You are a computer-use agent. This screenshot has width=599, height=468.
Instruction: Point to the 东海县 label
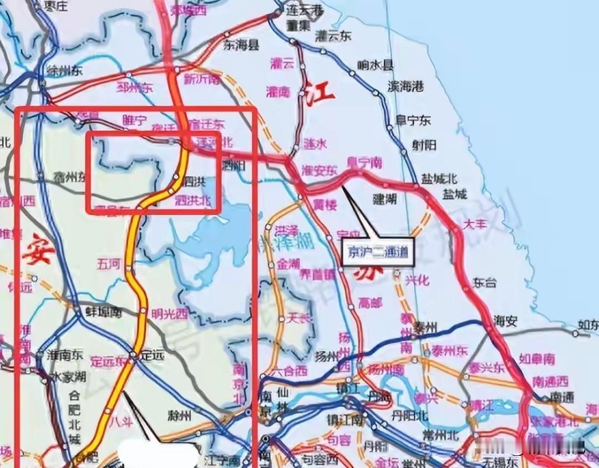[x=241, y=45]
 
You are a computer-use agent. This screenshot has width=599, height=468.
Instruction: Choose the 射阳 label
[x=424, y=145]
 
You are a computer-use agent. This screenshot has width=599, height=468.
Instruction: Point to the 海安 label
[x=506, y=321]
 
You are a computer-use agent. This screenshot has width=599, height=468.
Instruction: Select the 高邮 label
[x=371, y=303]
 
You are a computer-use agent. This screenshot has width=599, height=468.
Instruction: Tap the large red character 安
[x=39, y=250]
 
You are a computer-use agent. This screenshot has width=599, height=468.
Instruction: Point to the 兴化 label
[x=417, y=280]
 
